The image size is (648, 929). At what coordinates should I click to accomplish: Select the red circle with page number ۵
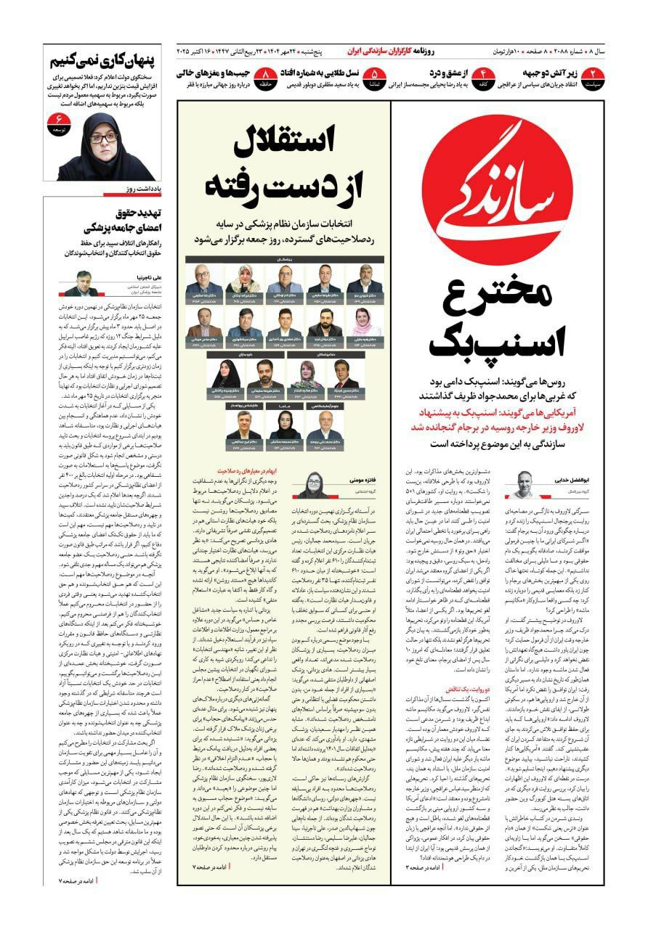coord(374,74)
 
